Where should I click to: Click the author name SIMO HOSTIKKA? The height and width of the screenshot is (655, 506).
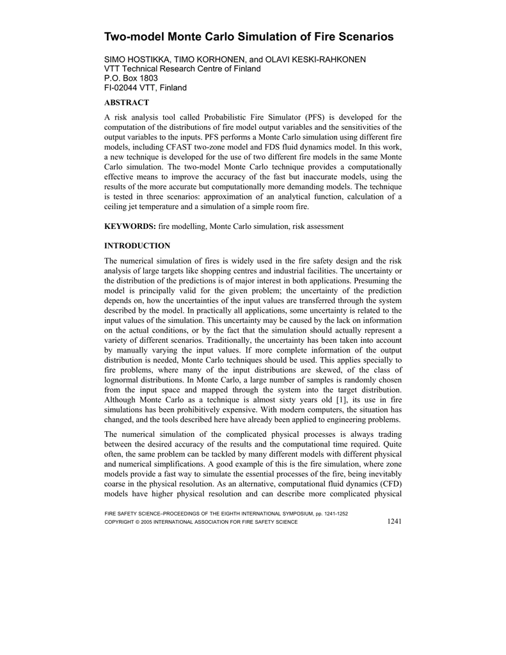(134, 59)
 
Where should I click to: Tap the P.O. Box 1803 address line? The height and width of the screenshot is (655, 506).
(131, 78)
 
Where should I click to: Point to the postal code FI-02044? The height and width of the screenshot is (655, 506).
(122, 88)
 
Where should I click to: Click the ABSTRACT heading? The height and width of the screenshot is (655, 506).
(126, 102)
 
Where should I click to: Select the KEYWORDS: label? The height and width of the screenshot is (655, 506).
(130, 226)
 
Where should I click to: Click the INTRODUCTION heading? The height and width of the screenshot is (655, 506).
(137, 246)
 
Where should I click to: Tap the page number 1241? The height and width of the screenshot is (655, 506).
(394, 522)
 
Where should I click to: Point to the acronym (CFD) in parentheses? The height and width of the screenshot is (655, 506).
(388, 475)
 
